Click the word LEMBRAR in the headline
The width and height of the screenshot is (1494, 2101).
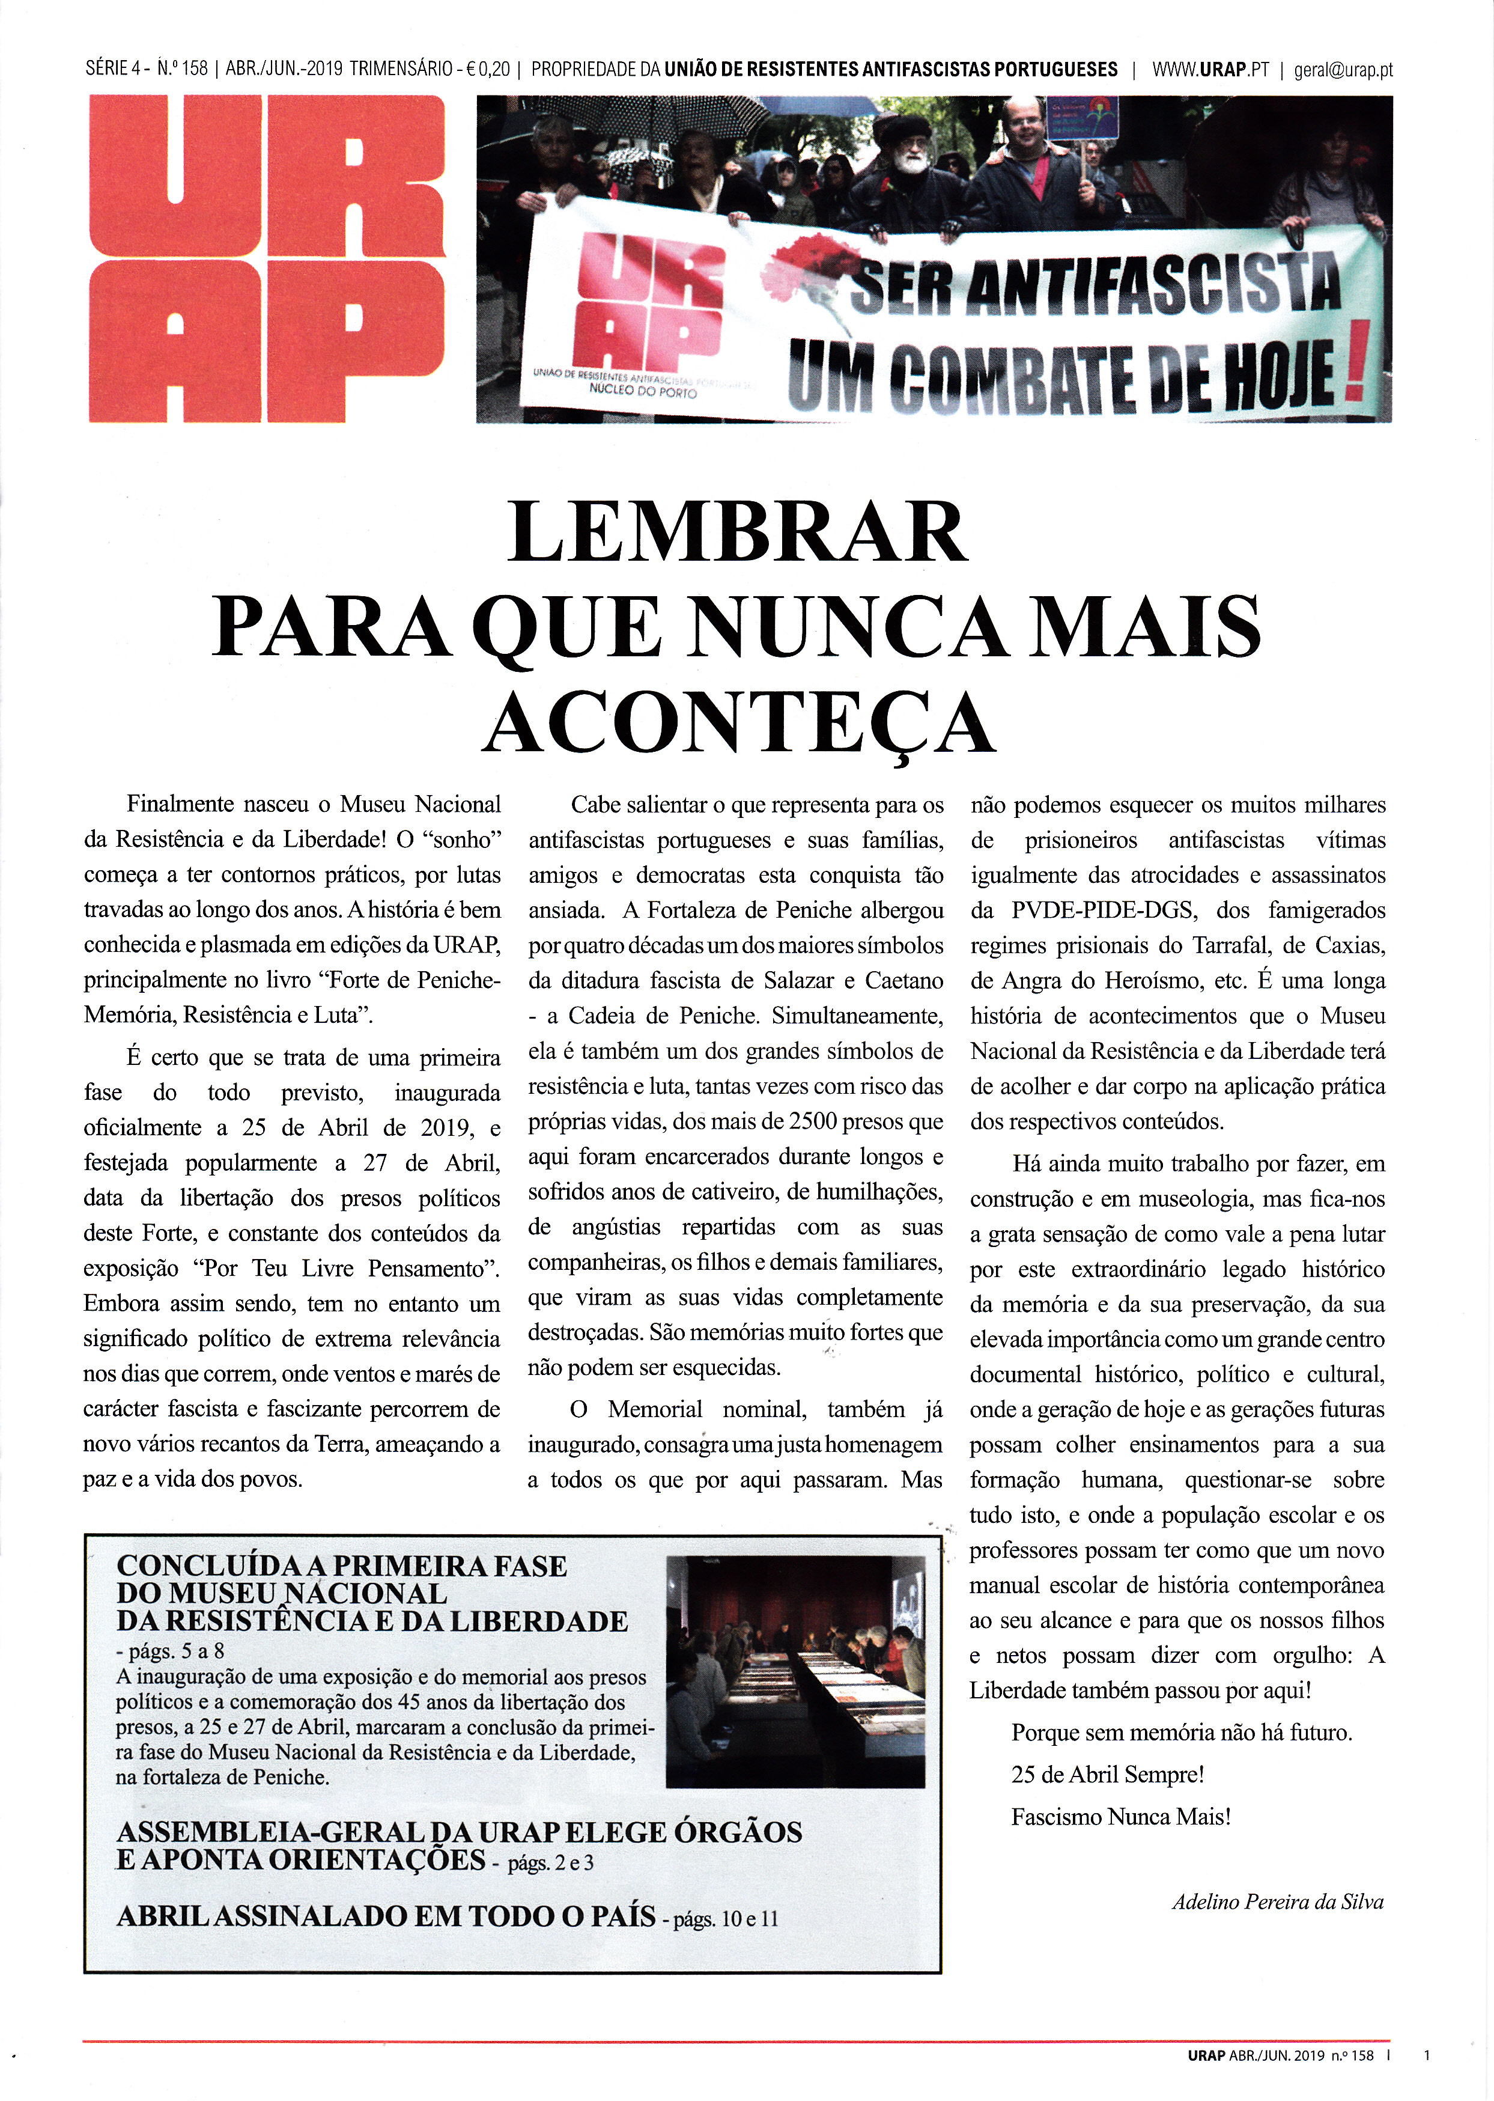coord(737,533)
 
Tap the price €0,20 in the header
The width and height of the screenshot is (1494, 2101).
coord(488,70)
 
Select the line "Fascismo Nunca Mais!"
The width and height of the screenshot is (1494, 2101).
coord(1120,1816)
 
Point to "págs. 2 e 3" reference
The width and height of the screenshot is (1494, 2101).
coord(550,1862)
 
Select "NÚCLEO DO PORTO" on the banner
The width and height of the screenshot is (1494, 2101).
coord(643,392)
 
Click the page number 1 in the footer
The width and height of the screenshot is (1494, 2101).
coord(1427,2054)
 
